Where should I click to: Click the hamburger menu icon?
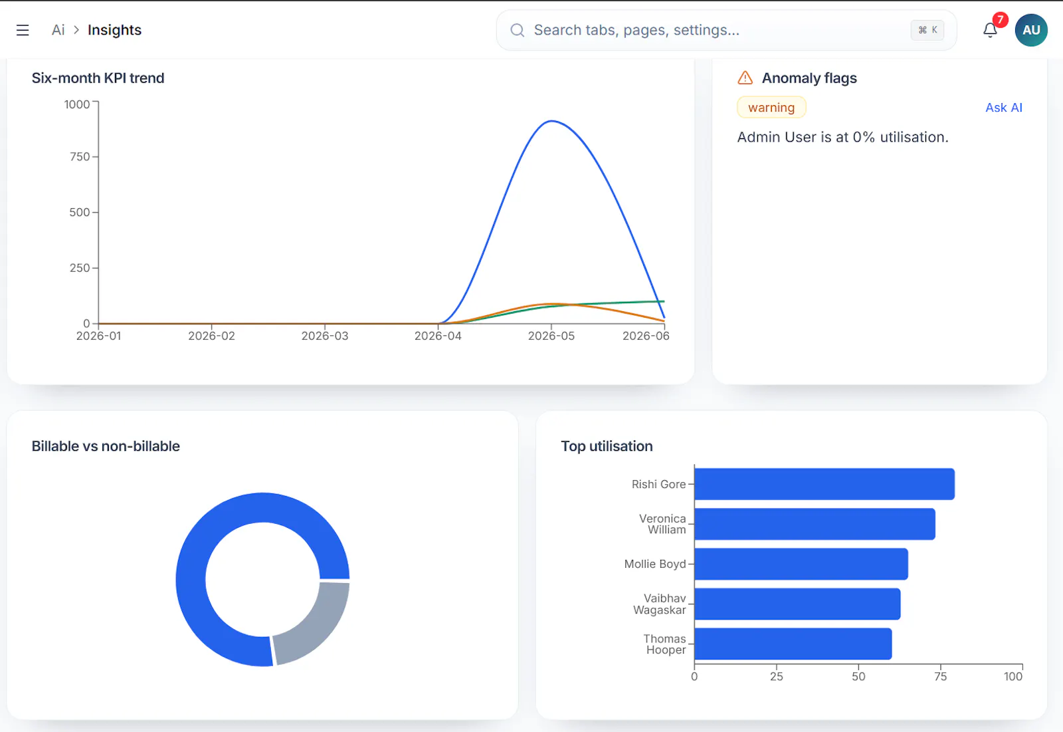[x=23, y=31]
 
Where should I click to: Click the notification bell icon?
[x=989, y=31]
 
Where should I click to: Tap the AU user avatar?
[x=1030, y=30]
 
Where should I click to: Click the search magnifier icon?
[x=517, y=31]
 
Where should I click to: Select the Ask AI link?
[x=1004, y=107]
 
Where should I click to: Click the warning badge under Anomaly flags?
[x=771, y=107]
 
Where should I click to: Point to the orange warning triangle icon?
[x=745, y=77]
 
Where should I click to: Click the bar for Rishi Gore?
[x=824, y=484]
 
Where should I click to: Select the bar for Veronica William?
[x=815, y=524]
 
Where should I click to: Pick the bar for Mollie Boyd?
[x=801, y=564]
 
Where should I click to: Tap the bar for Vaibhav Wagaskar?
[x=797, y=604]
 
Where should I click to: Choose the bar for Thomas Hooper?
[x=793, y=644]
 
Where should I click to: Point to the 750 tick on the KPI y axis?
[x=80, y=157]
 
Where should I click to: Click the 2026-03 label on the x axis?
[x=325, y=336]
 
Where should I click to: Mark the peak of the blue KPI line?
[x=551, y=121]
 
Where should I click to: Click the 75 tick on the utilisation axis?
[x=941, y=676]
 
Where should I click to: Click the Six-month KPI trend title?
[x=98, y=78]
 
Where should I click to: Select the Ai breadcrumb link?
[x=58, y=30]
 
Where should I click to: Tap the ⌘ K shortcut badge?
[x=927, y=30]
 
